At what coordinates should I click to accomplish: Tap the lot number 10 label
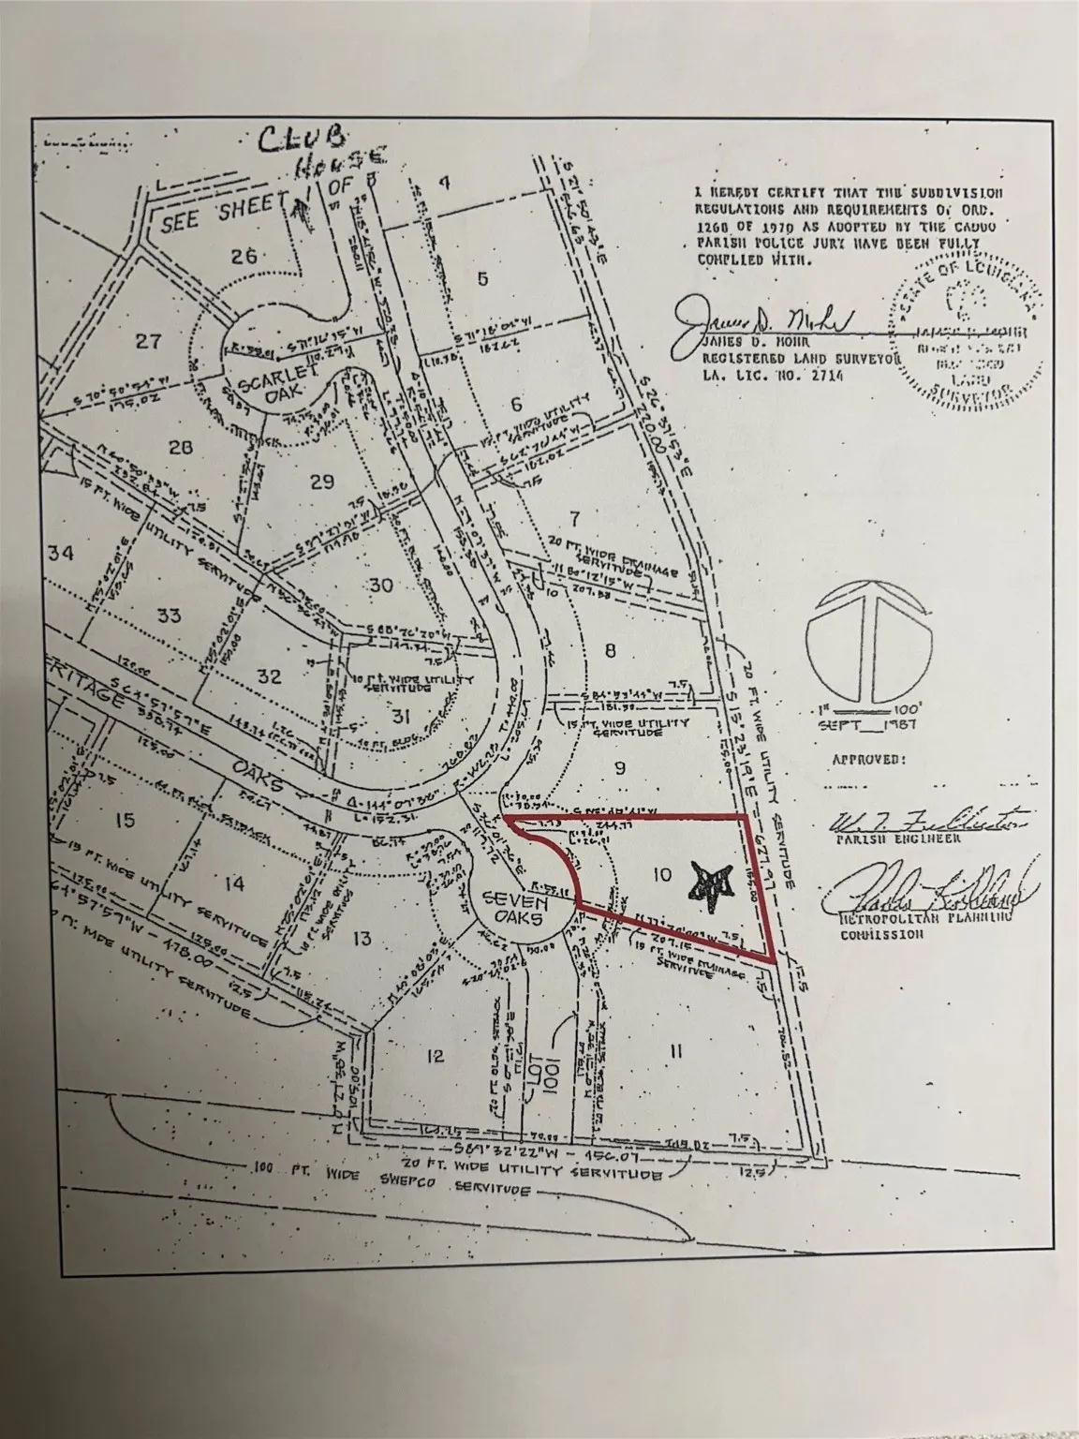point(661,874)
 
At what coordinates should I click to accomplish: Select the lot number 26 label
point(244,255)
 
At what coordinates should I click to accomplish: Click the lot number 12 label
point(433,1056)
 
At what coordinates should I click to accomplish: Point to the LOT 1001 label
point(553,1047)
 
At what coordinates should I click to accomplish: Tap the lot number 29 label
point(321,482)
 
